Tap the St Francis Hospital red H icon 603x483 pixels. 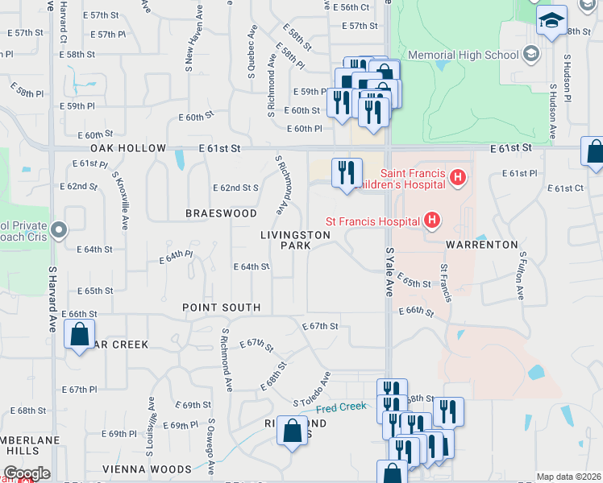point(432,220)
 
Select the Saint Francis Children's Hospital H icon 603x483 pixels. point(458,176)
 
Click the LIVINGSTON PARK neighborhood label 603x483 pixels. point(295,240)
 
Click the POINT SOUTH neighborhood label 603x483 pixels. point(221,308)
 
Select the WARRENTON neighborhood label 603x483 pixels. point(482,244)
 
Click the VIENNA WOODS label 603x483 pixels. point(147,469)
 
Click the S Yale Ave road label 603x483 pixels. point(389,272)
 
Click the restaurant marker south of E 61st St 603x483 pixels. point(347,173)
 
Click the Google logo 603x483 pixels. point(26,473)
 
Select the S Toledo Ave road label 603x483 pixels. point(312,389)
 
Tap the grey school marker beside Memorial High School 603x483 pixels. point(530,55)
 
